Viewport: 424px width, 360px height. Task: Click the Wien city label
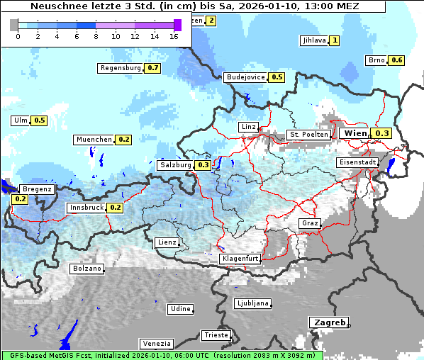[x=355, y=133]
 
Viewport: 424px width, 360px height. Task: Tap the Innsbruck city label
[x=85, y=208]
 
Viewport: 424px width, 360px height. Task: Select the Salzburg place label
[x=175, y=165]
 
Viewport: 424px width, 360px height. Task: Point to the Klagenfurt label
[x=239, y=259]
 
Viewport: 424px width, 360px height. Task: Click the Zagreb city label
[x=328, y=322]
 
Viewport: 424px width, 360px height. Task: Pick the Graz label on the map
[x=310, y=223]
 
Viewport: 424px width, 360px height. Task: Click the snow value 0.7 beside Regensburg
[x=153, y=68]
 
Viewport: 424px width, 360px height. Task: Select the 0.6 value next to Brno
[x=397, y=60]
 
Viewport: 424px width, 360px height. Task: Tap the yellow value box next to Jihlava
[x=335, y=40]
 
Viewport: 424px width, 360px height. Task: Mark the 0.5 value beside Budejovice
[x=277, y=77]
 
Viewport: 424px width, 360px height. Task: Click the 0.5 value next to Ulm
[x=40, y=120]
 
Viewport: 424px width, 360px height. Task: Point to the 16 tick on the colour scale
[x=174, y=36]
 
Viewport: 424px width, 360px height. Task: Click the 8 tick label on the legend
[x=96, y=36]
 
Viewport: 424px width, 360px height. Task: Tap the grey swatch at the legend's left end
[x=14, y=25]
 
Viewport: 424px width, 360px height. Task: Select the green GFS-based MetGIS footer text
[x=162, y=355]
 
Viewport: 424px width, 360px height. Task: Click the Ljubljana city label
[x=252, y=303]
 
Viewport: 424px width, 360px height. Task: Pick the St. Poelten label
[x=308, y=134]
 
